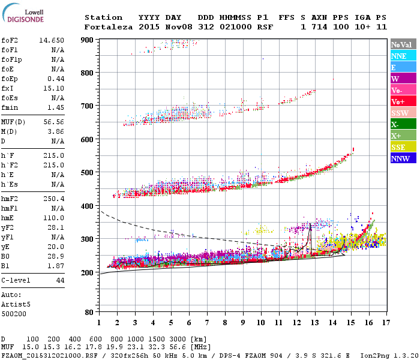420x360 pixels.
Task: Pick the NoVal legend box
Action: [402, 44]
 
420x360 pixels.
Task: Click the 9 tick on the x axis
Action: [243, 323]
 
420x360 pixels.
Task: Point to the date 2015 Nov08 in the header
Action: [160, 27]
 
